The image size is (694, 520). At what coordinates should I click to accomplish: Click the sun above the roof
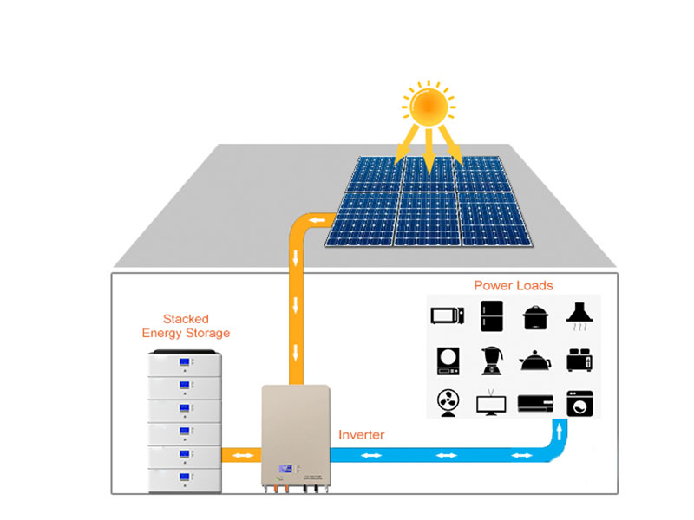click(427, 107)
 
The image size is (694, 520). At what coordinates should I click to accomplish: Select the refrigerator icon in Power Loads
click(490, 315)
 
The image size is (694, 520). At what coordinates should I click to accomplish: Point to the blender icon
click(490, 360)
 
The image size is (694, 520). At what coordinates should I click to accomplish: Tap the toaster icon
click(578, 360)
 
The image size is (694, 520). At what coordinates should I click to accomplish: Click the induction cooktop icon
click(448, 360)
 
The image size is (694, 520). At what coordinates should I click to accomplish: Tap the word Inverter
click(361, 435)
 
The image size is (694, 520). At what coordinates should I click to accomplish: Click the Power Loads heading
click(513, 285)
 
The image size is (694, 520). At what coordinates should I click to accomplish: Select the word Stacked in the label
click(186, 319)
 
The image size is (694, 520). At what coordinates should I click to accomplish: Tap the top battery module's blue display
click(185, 362)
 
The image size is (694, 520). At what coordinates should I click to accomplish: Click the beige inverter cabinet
click(296, 433)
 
